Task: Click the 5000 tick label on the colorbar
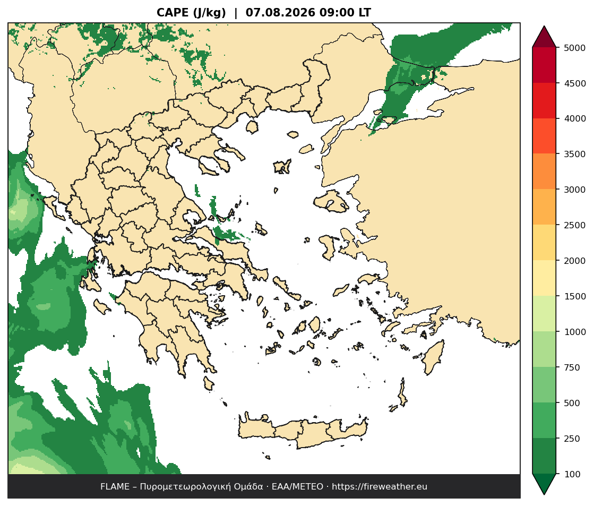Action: pos(574,48)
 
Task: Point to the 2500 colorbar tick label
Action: pos(574,225)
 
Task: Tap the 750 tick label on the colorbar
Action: pos(572,367)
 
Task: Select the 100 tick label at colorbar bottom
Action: pos(572,474)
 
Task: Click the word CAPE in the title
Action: pos(173,13)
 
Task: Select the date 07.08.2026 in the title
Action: pos(280,13)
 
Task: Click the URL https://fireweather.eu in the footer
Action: pos(380,487)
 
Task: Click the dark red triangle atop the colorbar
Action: pos(544,37)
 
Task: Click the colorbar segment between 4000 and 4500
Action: pos(544,101)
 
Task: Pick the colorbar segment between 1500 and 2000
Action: pos(544,278)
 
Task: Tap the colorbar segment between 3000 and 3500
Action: pos(544,171)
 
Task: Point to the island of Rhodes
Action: pos(433,357)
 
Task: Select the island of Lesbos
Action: pos(331,200)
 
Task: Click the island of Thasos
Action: pos(252,126)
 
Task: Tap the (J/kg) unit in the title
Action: pos(209,13)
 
